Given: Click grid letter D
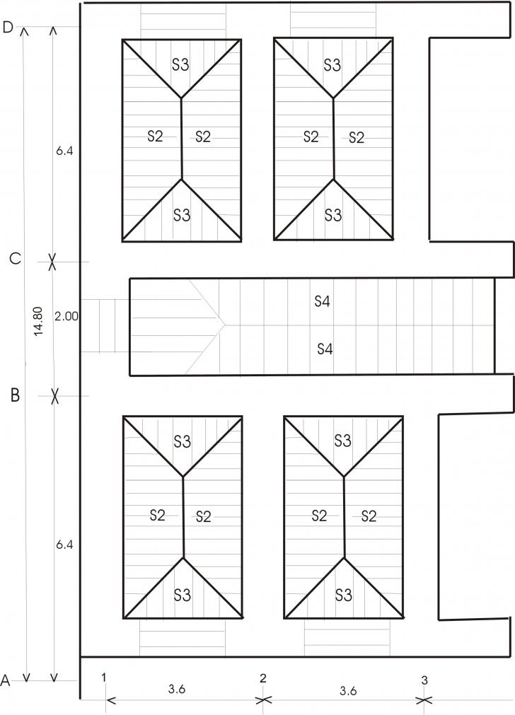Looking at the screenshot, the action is (x=8, y=28).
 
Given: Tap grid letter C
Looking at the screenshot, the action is (x=15, y=259).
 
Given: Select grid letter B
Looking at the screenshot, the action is (x=15, y=395).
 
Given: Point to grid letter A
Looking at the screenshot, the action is (x=5, y=681).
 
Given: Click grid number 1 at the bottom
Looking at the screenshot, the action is (x=104, y=678).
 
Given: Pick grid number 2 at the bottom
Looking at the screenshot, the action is (x=262, y=678).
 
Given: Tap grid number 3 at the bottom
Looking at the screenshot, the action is (x=424, y=680).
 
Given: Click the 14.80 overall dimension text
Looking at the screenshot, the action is (x=38, y=322).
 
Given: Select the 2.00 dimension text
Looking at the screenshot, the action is (x=66, y=316).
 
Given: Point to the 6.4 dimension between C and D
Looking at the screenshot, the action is (x=64, y=151).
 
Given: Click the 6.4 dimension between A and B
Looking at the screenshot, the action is (x=64, y=545).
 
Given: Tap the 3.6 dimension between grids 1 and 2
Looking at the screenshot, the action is (x=177, y=689).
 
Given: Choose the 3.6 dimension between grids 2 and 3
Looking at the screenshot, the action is (x=348, y=691).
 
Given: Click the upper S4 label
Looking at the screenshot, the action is (x=322, y=301).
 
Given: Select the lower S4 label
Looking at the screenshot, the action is (x=325, y=349).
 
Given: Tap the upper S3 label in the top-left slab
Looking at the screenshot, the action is (x=180, y=64).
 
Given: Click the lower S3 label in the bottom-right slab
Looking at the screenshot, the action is (x=344, y=595).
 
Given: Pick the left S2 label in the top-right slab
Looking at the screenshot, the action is (x=311, y=136).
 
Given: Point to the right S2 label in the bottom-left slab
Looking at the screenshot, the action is (x=204, y=516).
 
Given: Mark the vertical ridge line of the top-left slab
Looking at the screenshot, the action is (x=182, y=138).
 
